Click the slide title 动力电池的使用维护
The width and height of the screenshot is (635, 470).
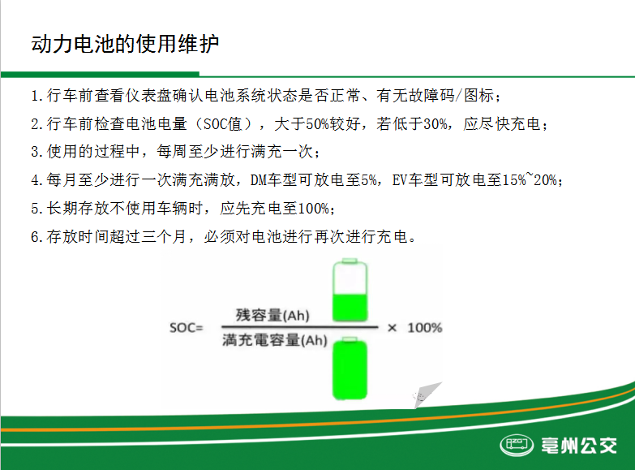point(125,44)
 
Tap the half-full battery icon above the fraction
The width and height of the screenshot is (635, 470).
point(350,290)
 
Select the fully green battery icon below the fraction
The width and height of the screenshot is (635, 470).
point(350,369)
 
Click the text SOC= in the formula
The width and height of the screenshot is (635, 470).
point(187,328)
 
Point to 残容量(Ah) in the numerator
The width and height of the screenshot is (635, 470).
point(272,315)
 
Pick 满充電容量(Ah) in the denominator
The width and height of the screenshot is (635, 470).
point(275,340)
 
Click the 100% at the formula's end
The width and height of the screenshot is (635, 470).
point(424,328)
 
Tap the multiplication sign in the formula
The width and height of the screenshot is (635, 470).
point(392,328)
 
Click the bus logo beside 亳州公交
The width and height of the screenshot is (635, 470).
point(517,445)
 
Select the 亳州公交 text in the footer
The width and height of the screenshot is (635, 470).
point(579,446)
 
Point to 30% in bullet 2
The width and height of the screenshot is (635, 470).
point(435,123)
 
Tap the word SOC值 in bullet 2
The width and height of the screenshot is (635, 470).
point(222,123)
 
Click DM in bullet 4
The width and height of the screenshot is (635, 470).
point(259,179)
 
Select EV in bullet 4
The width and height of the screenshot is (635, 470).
point(400,179)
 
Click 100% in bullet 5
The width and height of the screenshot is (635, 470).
point(314,209)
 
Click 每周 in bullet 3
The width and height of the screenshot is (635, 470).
point(172,152)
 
